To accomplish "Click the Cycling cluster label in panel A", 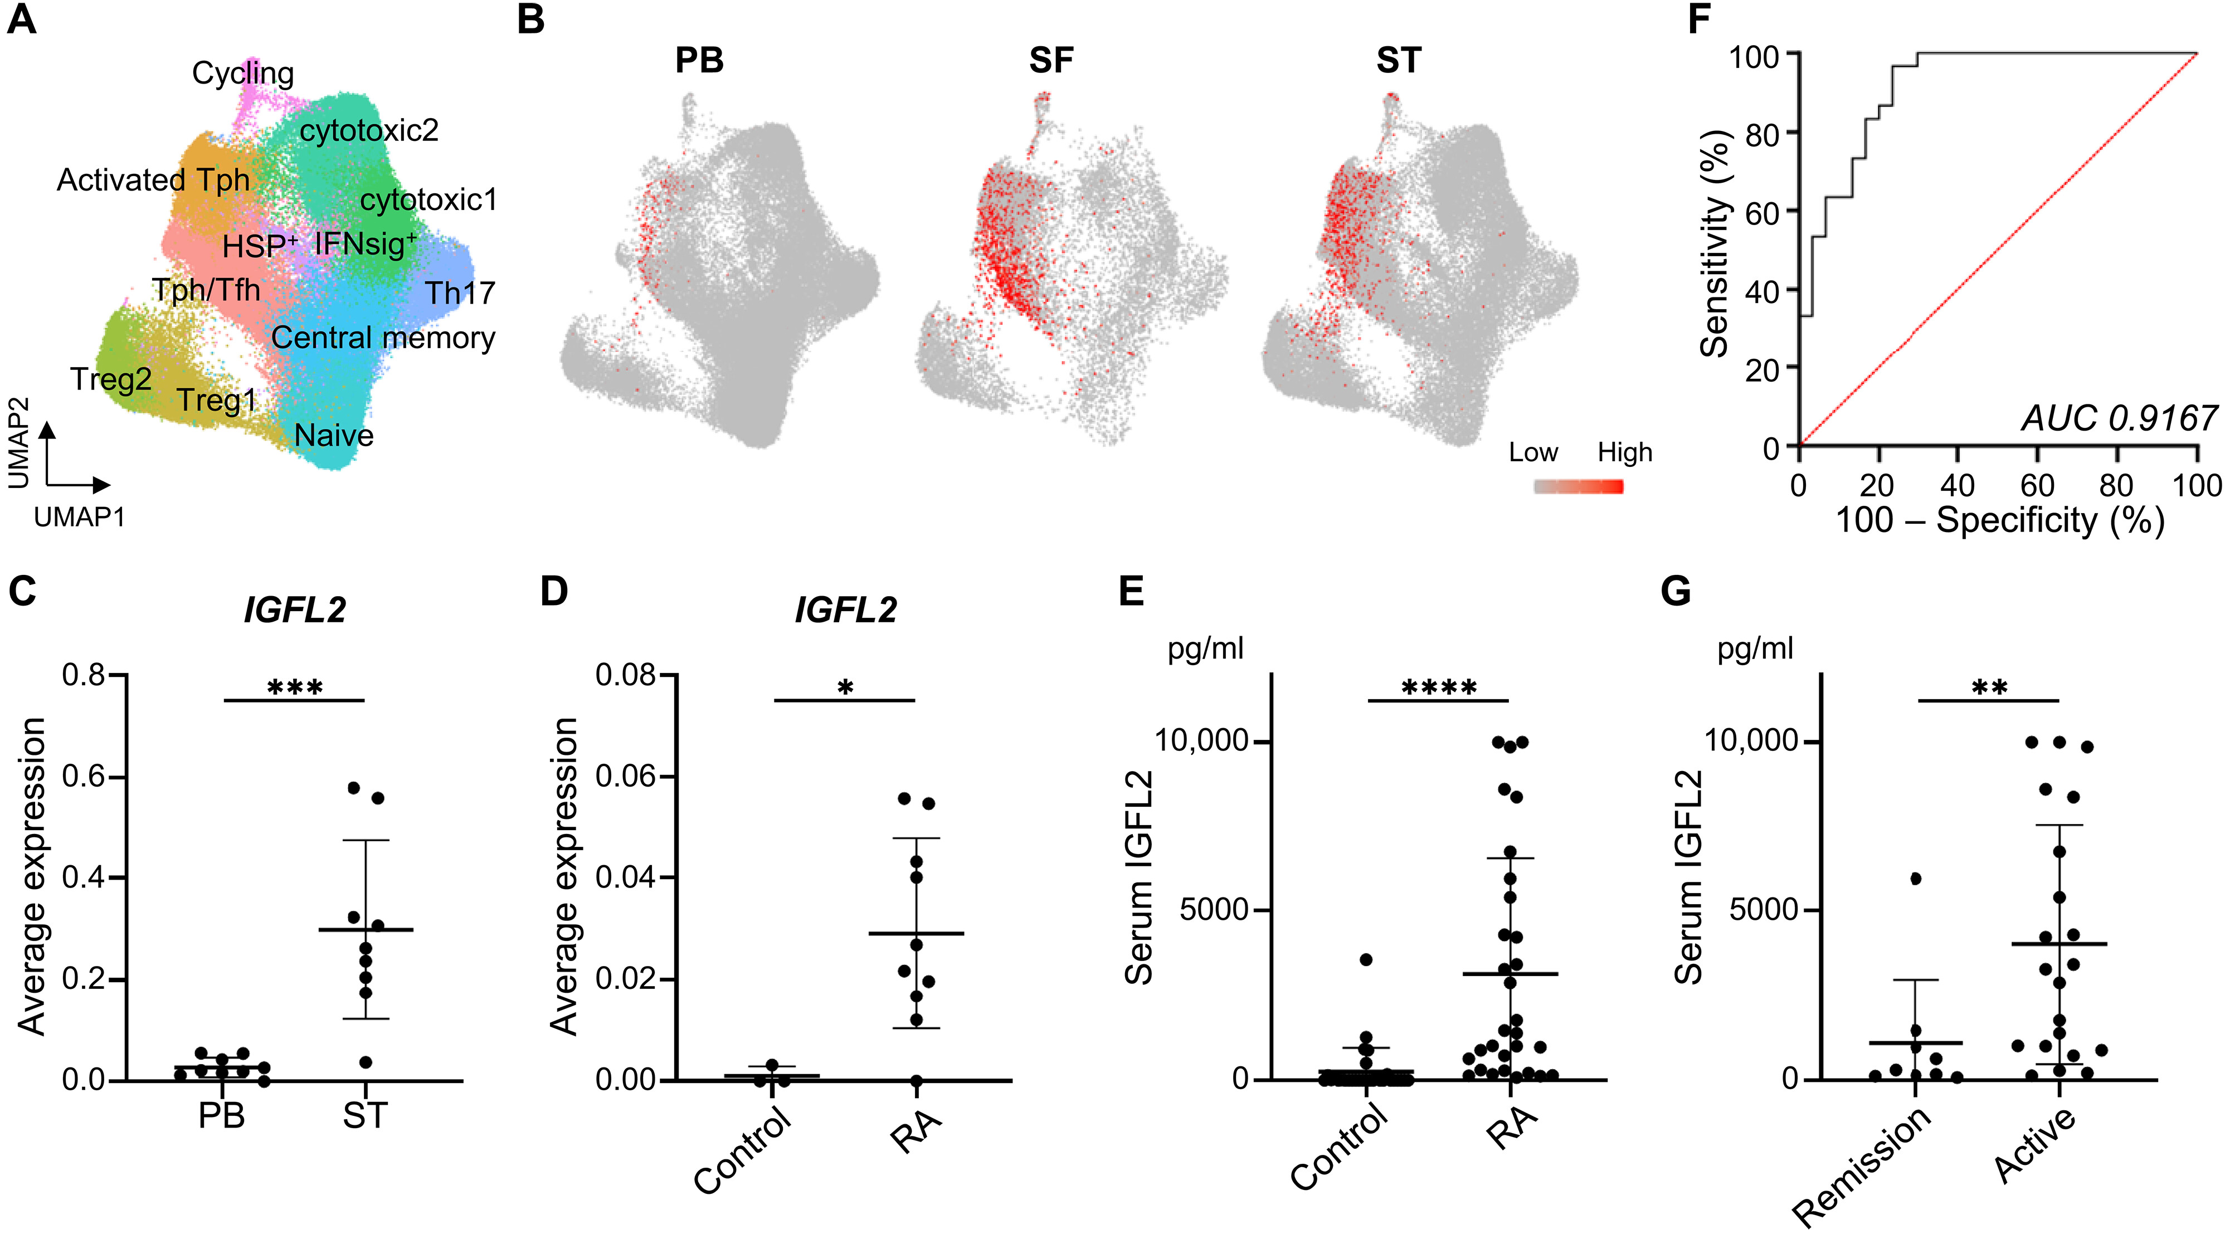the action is pyautogui.click(x=243, y=74).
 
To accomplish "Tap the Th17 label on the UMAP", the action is pyautogui.click(x=460, y=294).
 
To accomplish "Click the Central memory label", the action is pyautogui.click(x=383, y=338).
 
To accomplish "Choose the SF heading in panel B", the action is pyautogui.click(x=1051, y=61).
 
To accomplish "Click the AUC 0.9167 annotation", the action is pyautogui.click(x=2119, y=419).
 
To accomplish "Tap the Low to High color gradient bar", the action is pyautogui.click(x=1578, y=487).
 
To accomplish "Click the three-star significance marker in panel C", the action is pyautogui.click(x=295, y=688).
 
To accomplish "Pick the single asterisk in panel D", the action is pyautogui.click(x=846, y=688).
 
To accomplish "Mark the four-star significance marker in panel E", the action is pyautogui.click(x=1439, y=688).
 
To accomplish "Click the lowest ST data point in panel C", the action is pyautogui.click(x=366, y=1062).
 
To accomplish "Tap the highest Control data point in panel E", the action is pyautogui.click(x=1366, y=959).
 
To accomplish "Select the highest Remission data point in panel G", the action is pyautogui.click(x=1916, y=879).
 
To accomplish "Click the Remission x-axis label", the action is pyautogui.click(x=1861, y=1166).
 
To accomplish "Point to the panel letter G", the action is pyautogui.click(x=1676, y=592).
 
